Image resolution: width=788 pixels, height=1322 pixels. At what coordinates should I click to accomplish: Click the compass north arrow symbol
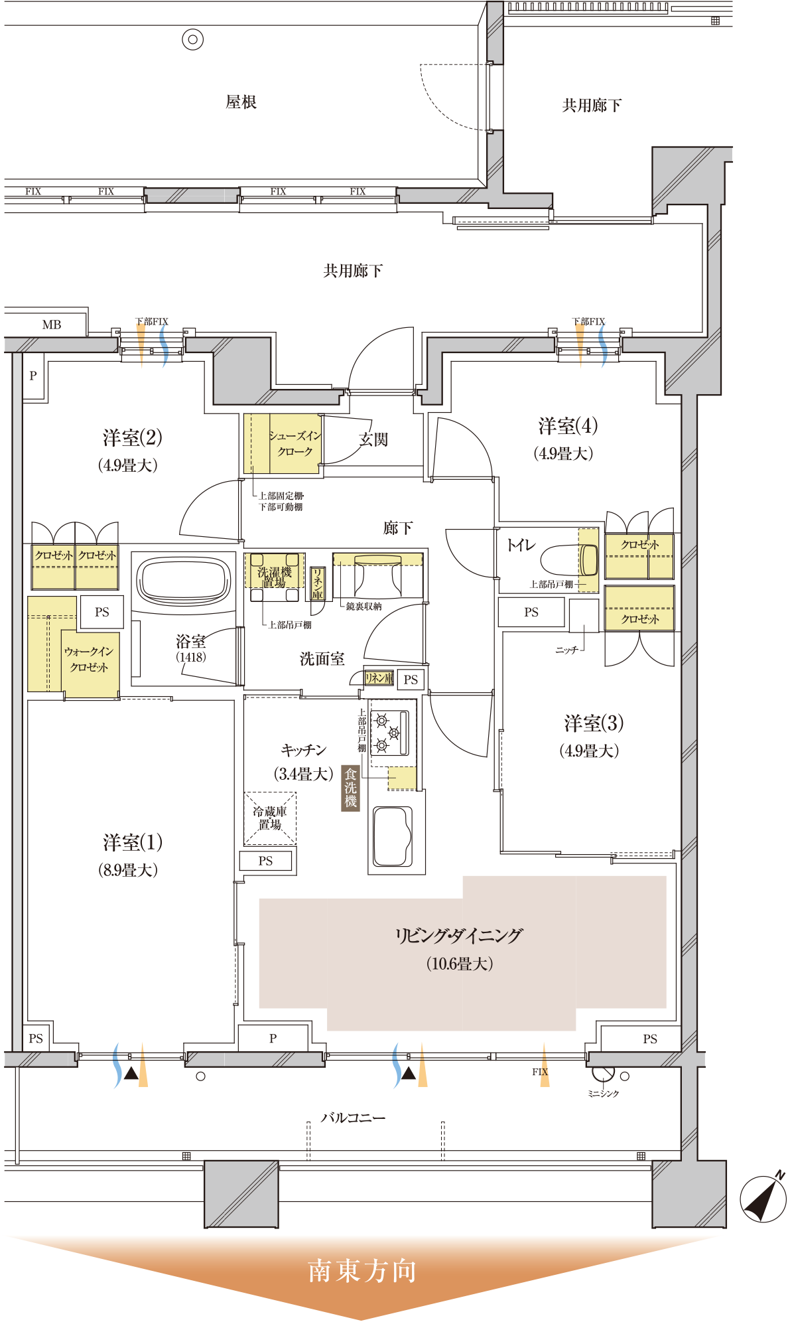coord(763,1197)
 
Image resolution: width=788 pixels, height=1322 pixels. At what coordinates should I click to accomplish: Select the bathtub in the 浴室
coord(184,581)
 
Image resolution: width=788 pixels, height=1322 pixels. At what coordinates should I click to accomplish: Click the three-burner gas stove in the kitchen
coord(389,732)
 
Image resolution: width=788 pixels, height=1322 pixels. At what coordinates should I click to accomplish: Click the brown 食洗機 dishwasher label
coord(350,788)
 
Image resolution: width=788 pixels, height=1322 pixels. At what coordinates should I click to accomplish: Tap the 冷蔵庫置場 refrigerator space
coord(270,818)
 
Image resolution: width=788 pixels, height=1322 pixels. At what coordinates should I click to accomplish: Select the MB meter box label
coord(52,325)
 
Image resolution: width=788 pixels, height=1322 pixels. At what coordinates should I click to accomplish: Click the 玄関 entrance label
coord(373,439)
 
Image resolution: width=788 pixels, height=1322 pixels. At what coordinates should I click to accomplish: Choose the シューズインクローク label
coord(295,443)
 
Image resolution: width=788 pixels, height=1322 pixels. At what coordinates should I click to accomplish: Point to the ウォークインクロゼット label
coord(89,660)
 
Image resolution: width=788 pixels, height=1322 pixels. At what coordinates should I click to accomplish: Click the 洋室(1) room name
coord(133,843)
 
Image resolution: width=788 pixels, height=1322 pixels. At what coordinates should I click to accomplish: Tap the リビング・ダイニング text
coord(459,936)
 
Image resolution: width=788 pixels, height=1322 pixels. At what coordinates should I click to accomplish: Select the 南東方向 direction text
coord(362,1272)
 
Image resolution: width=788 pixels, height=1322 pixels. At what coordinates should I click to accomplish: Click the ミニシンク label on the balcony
coord(603,1094)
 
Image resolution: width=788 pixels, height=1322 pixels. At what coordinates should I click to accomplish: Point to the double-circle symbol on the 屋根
coord(192,40)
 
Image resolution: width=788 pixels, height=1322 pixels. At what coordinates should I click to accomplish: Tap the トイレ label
coord(521,545)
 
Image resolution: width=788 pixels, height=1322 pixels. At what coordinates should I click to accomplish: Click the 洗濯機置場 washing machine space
coord(275,577)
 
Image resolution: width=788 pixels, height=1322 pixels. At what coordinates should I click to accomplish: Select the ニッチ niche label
coord(567,650)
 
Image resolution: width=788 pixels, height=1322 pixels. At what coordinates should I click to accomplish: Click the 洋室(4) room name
coord(568,426)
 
